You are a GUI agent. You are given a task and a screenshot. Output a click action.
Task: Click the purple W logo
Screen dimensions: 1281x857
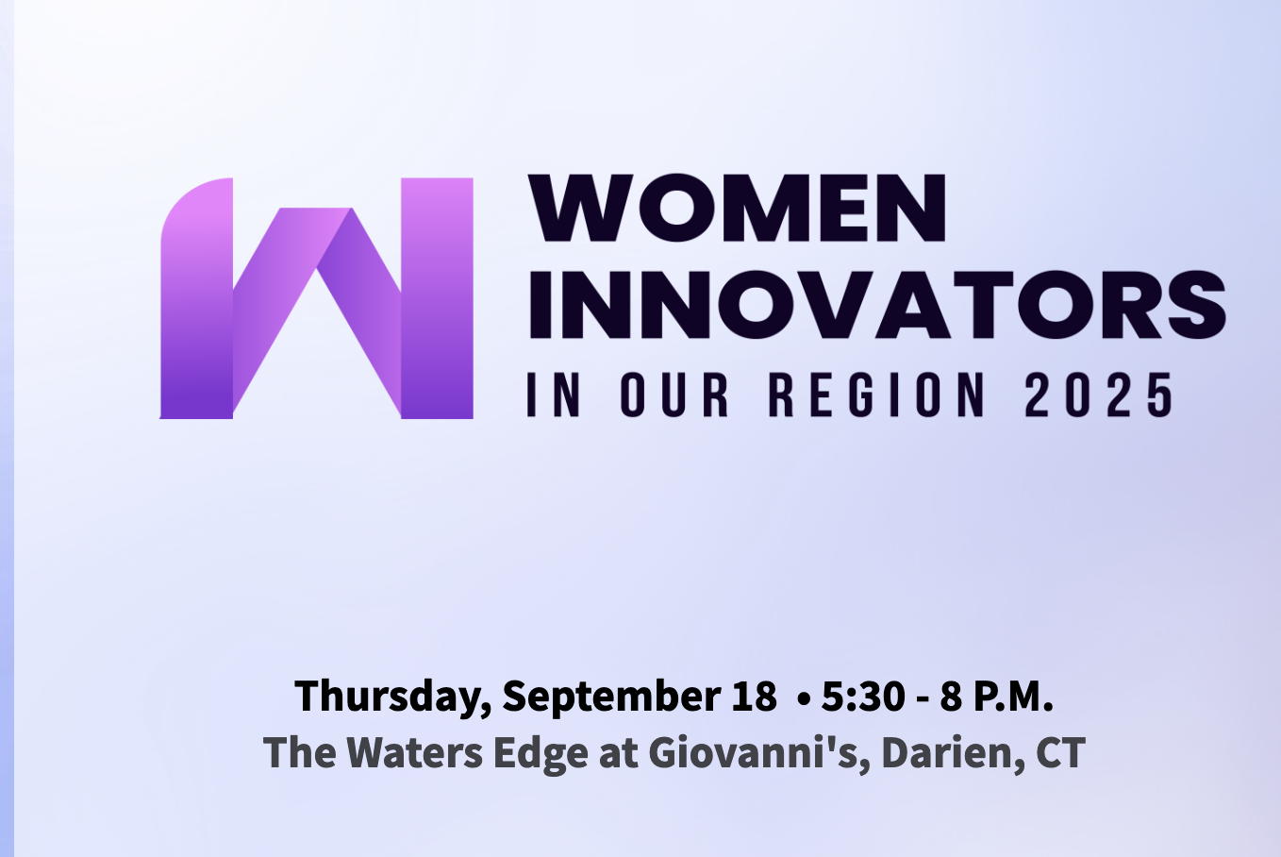tap(316, 298)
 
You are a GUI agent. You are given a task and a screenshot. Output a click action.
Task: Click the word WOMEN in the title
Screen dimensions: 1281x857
tap(737, 208)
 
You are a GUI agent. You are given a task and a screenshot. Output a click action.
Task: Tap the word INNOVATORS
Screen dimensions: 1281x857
tap(877, 304)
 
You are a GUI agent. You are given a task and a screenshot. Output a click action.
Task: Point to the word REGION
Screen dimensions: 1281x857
tap(876, 395)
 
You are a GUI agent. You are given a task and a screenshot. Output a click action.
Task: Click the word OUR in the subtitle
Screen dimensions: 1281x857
tap(674, 395)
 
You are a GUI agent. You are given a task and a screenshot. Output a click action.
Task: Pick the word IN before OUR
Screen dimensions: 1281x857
tap(554, 395)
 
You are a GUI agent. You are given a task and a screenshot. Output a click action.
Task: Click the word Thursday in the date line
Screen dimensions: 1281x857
tap(393, 697)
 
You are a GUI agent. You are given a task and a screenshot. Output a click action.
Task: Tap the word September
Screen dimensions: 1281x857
tap(611, 697)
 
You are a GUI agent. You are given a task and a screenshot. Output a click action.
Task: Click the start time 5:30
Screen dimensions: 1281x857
tap(863, 696)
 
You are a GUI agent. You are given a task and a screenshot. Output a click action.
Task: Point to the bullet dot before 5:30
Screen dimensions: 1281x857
tap(804, 698)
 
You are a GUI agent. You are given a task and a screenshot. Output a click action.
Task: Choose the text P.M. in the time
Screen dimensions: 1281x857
tap(1013, 696)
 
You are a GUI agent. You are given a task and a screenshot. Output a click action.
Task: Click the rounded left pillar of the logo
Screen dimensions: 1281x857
tap(197, 298)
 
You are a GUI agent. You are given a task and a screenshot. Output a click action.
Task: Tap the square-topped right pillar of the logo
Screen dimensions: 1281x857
tap(437, 298)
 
